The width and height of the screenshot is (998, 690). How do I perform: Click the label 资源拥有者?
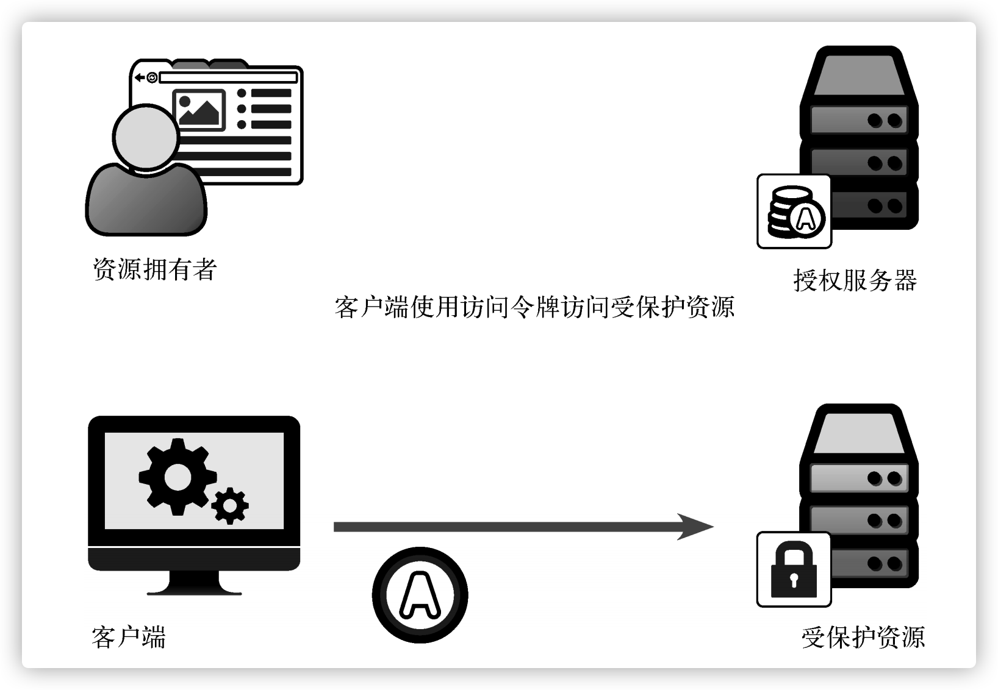pyautogui.click(x=155, y=269)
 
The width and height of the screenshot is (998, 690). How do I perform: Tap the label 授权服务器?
pyautogui.click(x=855, y=280)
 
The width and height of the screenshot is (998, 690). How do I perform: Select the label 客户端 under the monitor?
pyautogui.click(x=129, y=638)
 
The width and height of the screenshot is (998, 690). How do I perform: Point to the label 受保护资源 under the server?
pyautogui.click(x=863, y=638)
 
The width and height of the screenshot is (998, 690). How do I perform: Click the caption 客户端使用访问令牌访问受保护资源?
pyautogui.click(x=534, y=307)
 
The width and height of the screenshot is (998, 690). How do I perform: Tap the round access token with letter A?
pyautogui.click(x=420, y=595)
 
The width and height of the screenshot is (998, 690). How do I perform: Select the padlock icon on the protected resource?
pyautogui.click(x=794, y=570)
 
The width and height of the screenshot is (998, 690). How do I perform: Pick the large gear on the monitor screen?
pyautogui.click(x=177, y=476)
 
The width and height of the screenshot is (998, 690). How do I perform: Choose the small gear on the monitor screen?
pyautogui.click(x=230, y=505)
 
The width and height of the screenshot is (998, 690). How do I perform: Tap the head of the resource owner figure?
pyautogui.click(x=146, y=137)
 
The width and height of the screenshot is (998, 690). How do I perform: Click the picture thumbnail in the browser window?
pyautogui.click(x=199, y=110)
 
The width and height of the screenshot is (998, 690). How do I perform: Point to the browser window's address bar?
pyautogui.click(x=228, y=77)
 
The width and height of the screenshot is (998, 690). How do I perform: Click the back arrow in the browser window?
pyautogui.click(x=140, y=77)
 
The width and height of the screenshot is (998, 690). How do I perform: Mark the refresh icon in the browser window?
pyautogui.click(x=152, y=77)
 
